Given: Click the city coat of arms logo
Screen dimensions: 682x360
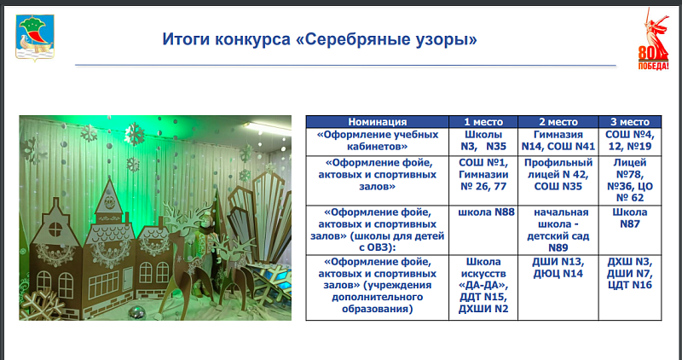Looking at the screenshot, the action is coord(35,37).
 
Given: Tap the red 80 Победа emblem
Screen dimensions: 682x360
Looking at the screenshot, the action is coord(653,39).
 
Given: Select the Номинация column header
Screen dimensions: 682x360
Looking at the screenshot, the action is coord(377,122).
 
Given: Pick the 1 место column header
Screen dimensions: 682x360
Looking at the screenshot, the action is coord(483,122).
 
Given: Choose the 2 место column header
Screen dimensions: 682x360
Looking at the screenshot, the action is coord(558,122).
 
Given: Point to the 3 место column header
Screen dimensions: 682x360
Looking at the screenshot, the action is coord(630,122).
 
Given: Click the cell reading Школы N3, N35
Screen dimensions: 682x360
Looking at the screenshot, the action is coord(483,141).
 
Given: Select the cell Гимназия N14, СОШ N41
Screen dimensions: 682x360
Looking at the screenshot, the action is coord(558,141).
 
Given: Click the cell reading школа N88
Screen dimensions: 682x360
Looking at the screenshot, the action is coord(483,229).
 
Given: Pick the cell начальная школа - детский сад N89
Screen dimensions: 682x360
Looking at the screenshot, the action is coord(558,229).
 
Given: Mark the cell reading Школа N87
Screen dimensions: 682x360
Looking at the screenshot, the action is coord(630,229).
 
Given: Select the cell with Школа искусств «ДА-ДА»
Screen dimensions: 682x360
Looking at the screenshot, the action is coord(483,287).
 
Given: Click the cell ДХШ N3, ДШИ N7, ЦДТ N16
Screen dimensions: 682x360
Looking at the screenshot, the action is coord(630,287).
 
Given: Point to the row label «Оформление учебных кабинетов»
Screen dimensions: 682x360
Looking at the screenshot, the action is coord(377,141).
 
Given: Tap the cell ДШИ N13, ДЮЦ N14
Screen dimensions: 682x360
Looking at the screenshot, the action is coord(558,287).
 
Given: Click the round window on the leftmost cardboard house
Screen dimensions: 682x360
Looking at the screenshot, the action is coord(55,229).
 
